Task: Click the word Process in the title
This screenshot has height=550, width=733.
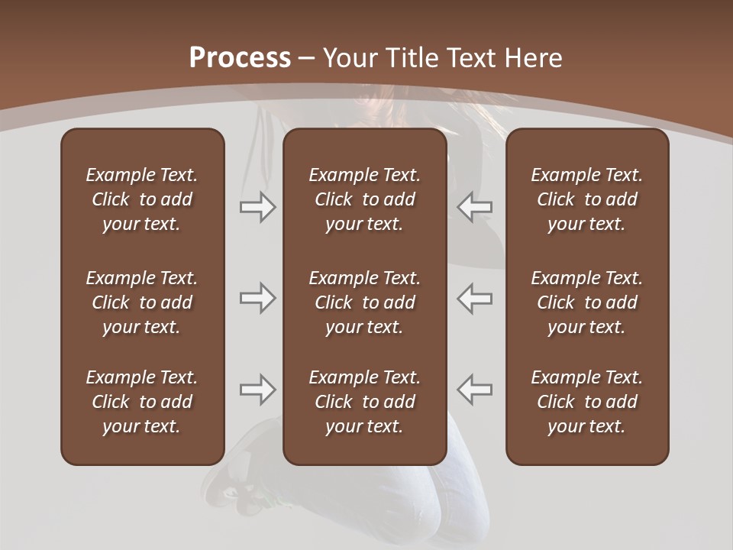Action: (x=240, y=58)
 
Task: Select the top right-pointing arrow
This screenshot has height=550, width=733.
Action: (x=258, y=207)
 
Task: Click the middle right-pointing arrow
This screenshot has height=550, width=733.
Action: (x=258, y=298)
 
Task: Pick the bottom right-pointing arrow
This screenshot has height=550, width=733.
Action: (x=258, y=390)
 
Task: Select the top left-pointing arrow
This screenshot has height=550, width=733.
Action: (x=475, y=207)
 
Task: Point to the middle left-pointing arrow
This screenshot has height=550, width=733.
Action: (x=475, y=298)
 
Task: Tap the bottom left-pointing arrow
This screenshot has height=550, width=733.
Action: (x=475, y=390)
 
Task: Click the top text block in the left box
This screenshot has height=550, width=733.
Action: (x=142, y=199)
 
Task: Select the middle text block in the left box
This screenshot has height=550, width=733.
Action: (x=142, y=302)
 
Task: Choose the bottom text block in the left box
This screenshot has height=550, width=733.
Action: (x=142, y=402)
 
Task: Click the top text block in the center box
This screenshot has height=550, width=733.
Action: (x=365, y=199)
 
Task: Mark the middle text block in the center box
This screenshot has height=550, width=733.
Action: (x=365, y=302)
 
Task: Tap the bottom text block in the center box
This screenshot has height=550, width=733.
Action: (x=365, y=402)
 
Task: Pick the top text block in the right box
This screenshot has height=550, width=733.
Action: (x=587, y=199)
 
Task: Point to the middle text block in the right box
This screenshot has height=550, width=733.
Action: (x=587, y=302)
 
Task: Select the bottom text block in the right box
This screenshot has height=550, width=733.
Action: (x=587, y=402)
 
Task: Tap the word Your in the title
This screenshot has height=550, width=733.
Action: (x=350, y=58)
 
